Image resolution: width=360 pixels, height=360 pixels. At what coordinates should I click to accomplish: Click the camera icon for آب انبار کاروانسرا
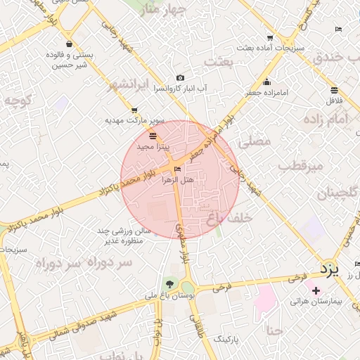(181, 78)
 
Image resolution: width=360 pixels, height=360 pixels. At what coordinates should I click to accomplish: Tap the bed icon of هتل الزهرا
(176, 169)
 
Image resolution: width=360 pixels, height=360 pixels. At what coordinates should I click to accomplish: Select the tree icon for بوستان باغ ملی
(169, 284)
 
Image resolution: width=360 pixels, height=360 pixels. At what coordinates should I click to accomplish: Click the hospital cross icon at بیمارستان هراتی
(316, 290)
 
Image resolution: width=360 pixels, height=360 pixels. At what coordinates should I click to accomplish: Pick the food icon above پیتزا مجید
(153, 134)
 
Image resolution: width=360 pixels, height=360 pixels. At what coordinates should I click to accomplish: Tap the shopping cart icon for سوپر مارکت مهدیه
(134, 110)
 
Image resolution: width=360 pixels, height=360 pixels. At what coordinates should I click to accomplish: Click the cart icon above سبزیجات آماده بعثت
(270, 38)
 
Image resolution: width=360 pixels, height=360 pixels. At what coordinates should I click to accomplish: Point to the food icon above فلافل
(333, 90)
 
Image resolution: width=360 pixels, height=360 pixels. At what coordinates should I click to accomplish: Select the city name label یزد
(328, 269)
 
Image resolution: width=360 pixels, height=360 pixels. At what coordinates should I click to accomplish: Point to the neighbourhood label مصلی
(255, 141)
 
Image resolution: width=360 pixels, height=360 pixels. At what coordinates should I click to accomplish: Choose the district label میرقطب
(300, 167)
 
